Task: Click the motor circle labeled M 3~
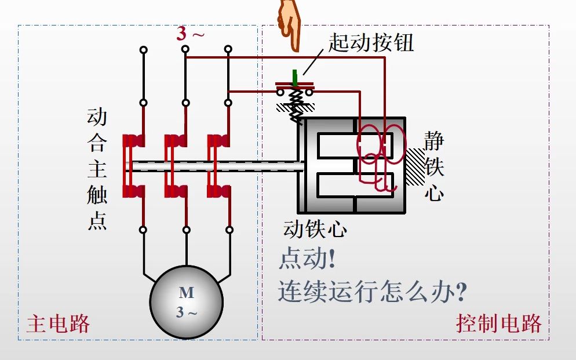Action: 186,302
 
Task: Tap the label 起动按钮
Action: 371,43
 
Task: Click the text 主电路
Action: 58,323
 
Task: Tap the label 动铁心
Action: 315,229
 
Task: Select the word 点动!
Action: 307,259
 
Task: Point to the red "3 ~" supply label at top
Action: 191,34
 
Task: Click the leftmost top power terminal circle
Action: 143,50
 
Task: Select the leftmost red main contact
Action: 133,166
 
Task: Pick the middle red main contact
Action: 176,166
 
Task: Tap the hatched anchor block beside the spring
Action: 289,107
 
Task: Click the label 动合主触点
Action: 97,169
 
